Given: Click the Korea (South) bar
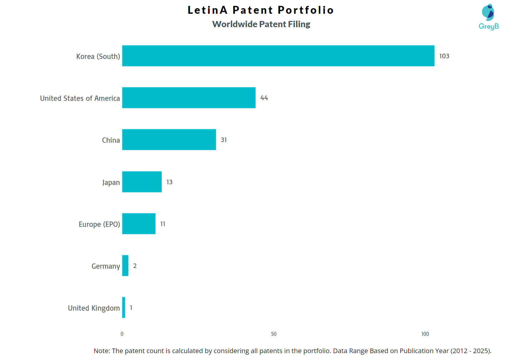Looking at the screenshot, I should click(x=278, y=56).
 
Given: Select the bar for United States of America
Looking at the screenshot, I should click(x=189, y=98).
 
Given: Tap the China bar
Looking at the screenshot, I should click(x=169, y=140).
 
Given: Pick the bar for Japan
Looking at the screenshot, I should click(x=142, y=182).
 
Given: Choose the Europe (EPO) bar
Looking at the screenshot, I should click(x=139, y=224).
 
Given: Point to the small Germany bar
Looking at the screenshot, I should click(x=125, y=266).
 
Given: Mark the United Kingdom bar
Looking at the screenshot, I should click(x=124, y=308).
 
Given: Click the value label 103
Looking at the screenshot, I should click(x=444, y=56).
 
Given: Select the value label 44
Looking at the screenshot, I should click(x=264, y=98).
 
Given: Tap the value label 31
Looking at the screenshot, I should click(x=224, y=140).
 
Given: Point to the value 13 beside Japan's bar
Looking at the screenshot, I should click(x=169, y=182).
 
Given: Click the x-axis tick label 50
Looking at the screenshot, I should click(x=274, y=334).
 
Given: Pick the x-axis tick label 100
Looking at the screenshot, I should click(x=425, y=334).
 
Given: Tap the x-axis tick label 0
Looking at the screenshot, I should click(x=122, y=334).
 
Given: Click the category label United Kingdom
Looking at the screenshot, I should click(x=94, y=308).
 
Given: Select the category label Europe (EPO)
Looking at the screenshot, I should click(x=99, y=224).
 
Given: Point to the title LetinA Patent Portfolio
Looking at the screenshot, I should click(x=261, y=10).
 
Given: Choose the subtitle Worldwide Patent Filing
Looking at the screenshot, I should click(x=261, y=24).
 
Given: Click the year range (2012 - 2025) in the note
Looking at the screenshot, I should click(x=470, y=351).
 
